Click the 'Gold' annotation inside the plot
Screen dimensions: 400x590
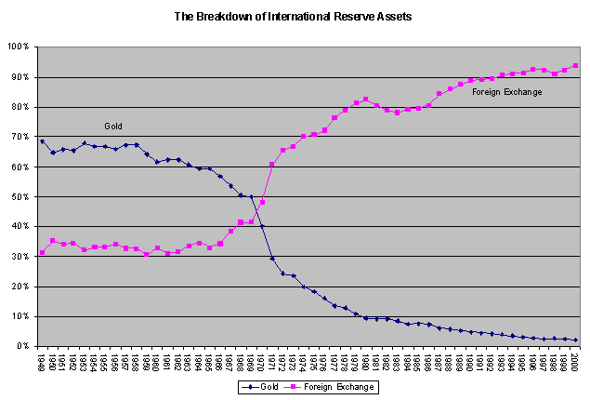pos(112,126)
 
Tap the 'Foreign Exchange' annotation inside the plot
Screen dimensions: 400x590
pos(507,91)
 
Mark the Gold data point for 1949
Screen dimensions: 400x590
pos(42,141)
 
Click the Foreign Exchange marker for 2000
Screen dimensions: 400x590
pos(576,66)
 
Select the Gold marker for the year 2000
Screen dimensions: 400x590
pos(576,340)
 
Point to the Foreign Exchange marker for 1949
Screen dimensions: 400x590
pos(42,252)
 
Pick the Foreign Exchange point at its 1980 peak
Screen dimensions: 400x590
pos(366,99)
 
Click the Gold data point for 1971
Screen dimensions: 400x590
pos(272,258)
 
